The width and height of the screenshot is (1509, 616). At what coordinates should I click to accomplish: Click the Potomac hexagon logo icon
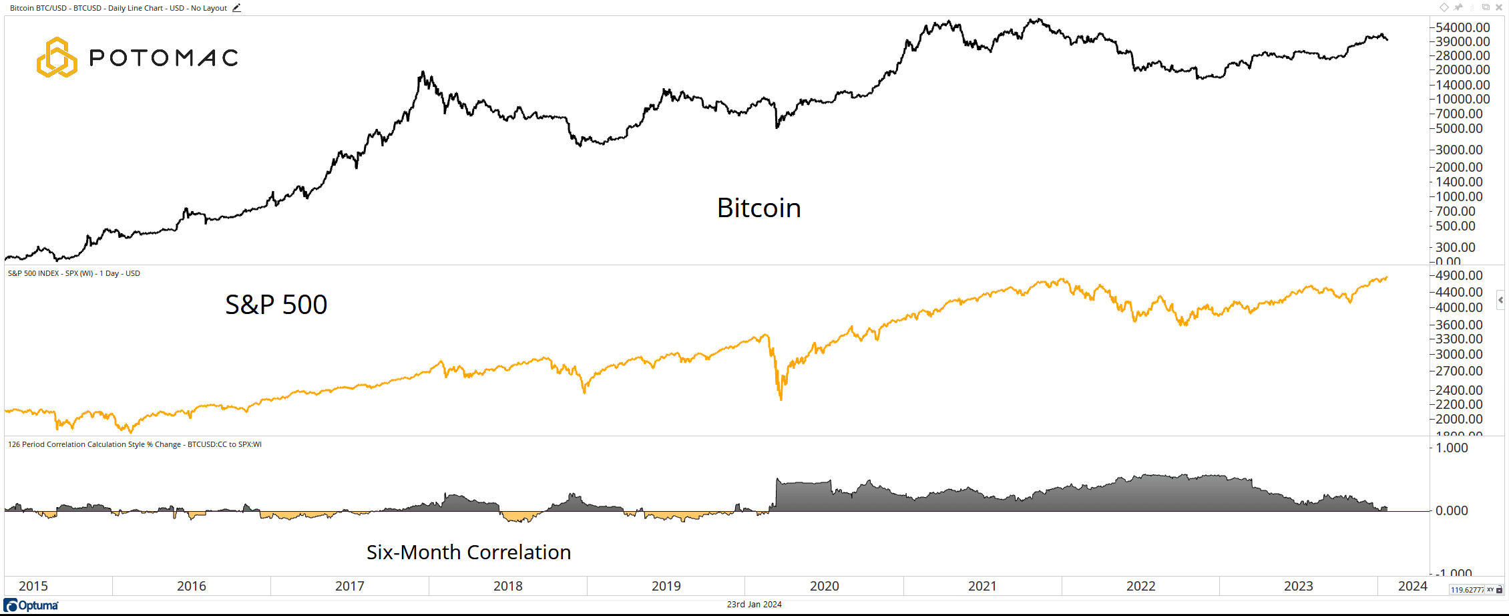click(57, 57)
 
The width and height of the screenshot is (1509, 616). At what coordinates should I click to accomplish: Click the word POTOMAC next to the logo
click(164, 58)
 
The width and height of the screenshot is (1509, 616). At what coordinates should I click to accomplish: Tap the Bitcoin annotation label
click(759, 208)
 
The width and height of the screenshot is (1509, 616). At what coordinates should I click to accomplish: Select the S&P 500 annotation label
click(276, 305)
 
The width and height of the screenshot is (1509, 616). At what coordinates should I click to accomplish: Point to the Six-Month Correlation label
click(468, 552)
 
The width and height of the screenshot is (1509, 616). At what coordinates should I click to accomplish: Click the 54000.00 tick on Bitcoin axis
click(1462, 27)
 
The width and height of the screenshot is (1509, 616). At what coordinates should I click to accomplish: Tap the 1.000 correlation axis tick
click(1452, 448)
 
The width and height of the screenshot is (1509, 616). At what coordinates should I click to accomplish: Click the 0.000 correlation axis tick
click(1452, 510)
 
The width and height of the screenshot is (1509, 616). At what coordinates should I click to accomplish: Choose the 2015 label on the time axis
click(33, 586)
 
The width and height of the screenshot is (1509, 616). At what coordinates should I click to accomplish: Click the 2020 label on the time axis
click(825, 586)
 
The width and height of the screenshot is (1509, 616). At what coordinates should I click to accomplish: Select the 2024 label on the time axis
click(1412, 586)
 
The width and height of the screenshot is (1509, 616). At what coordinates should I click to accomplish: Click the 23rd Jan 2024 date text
click(754, 604)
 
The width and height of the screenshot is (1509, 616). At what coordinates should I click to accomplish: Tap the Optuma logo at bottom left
click(31, 605)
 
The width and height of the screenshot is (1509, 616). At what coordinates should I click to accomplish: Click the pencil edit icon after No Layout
click(236, 8)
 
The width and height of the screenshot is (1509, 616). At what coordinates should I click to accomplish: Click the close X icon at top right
click(1498, 7)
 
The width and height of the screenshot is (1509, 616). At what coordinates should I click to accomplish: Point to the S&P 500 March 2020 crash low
click(781, 399)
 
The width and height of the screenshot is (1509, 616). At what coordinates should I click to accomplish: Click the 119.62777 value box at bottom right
click(1466, 590)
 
